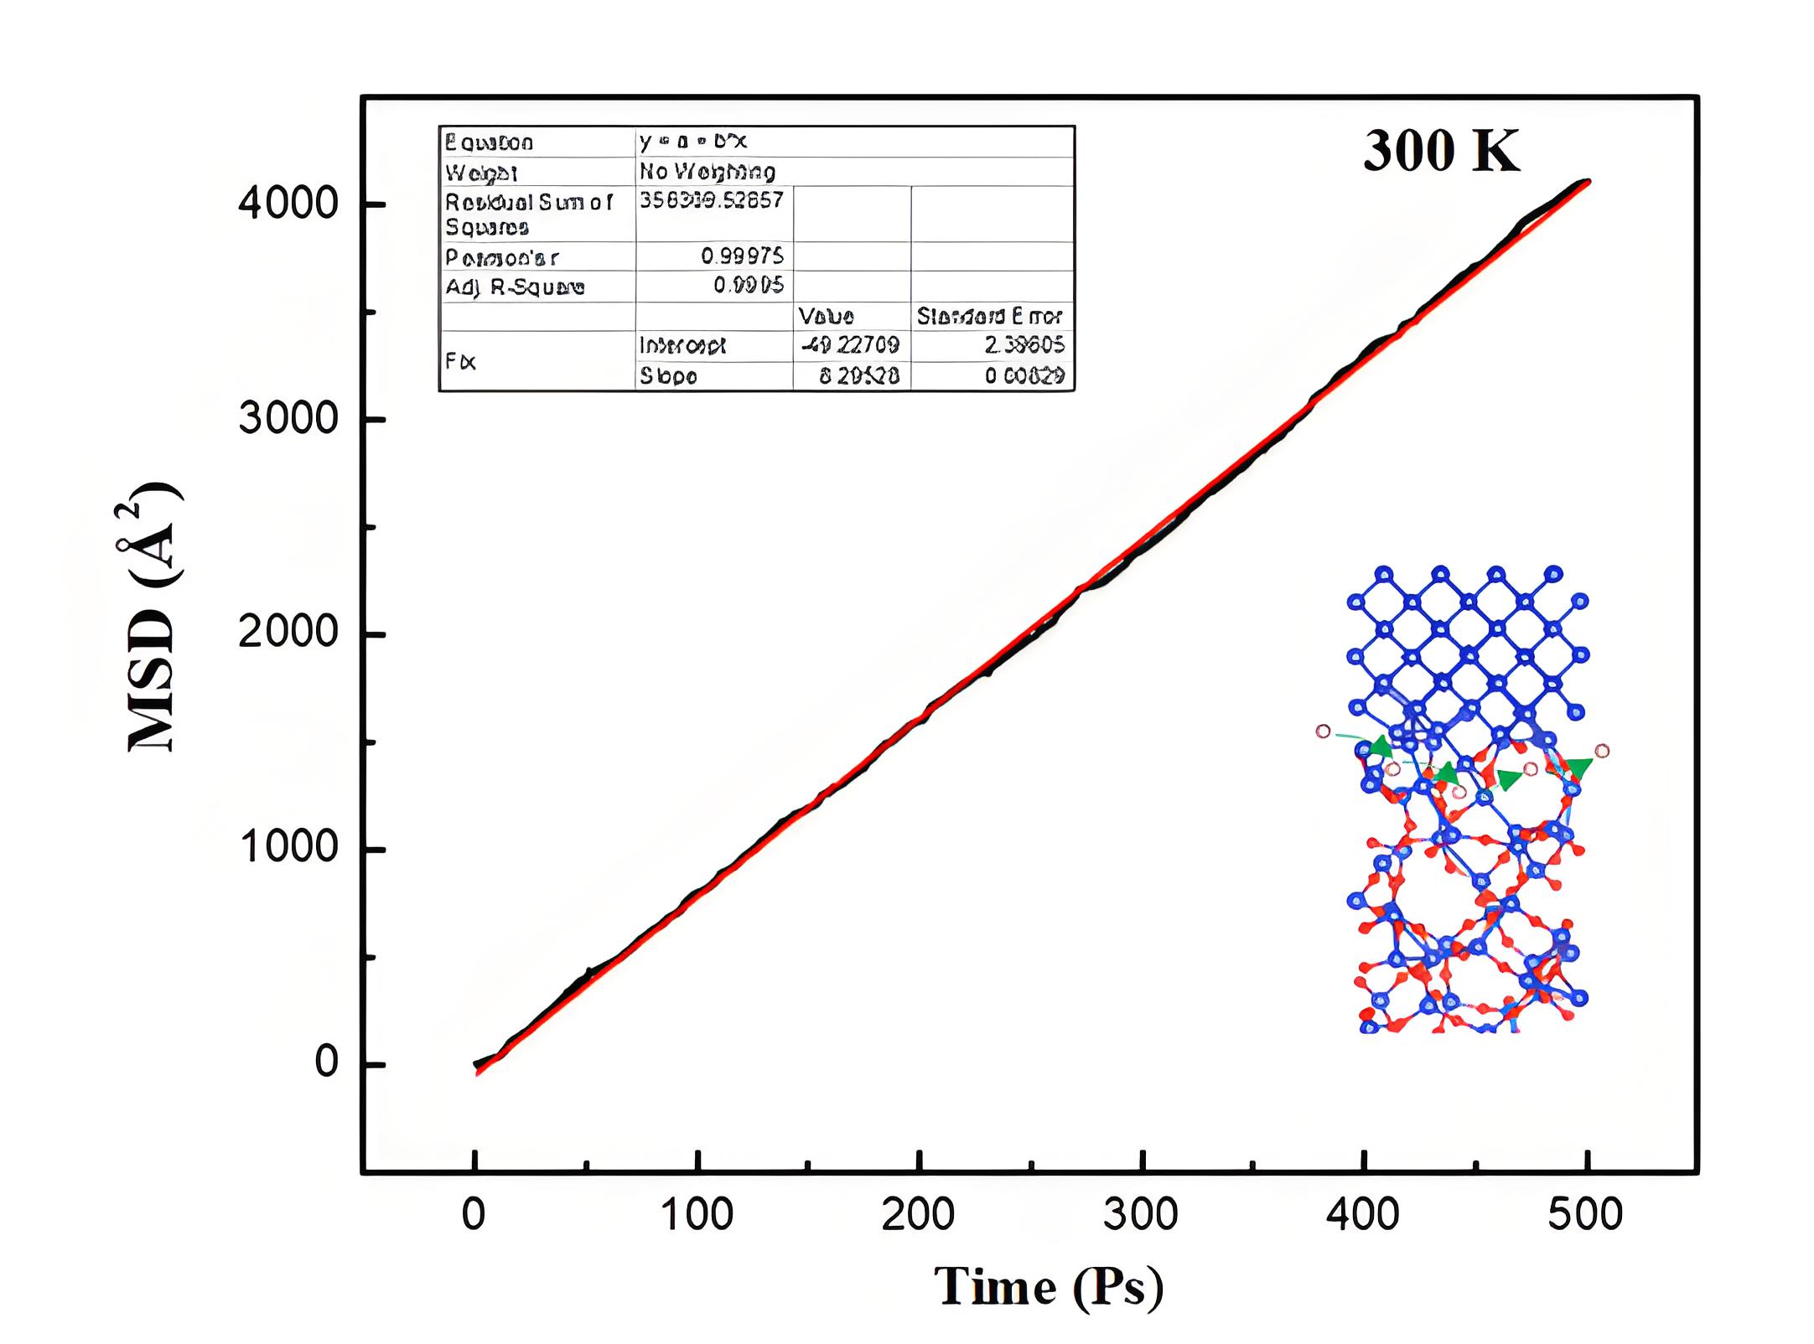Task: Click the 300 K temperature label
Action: (x=1440, y=152)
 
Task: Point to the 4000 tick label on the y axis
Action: (x=288, y=204)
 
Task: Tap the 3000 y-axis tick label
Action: (x=288, y=418)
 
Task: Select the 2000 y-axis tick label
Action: (x=288, y=633)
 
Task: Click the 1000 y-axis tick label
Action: (x=288, y=848)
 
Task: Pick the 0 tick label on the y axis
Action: (x=326, y=1062)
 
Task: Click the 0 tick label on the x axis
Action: (x=474, y=1214)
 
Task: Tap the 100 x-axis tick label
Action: (x=697, y=1214)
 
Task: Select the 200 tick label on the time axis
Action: (x=919, y=1214)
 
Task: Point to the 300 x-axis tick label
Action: (x=1141, y=1214)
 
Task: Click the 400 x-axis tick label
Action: (x=1363, y=1214)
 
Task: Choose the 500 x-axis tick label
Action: (x=1585, y=1214)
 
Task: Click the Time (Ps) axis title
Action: (x=1049, y=1287)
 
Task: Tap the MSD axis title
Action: (x=153, y=617)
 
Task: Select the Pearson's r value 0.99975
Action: (x=742, y=256)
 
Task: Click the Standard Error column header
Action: (x=989, y=316)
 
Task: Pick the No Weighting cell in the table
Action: (x=707, y=172)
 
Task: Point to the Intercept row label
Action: (x=682, y=345)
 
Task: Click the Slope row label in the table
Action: (x=668, y=376)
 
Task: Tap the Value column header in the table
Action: (x=826, y=316)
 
